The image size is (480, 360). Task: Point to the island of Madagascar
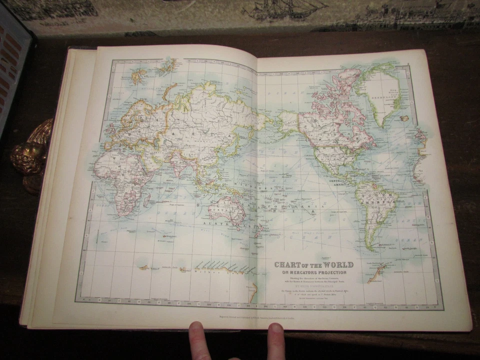[x=146, y=200]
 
